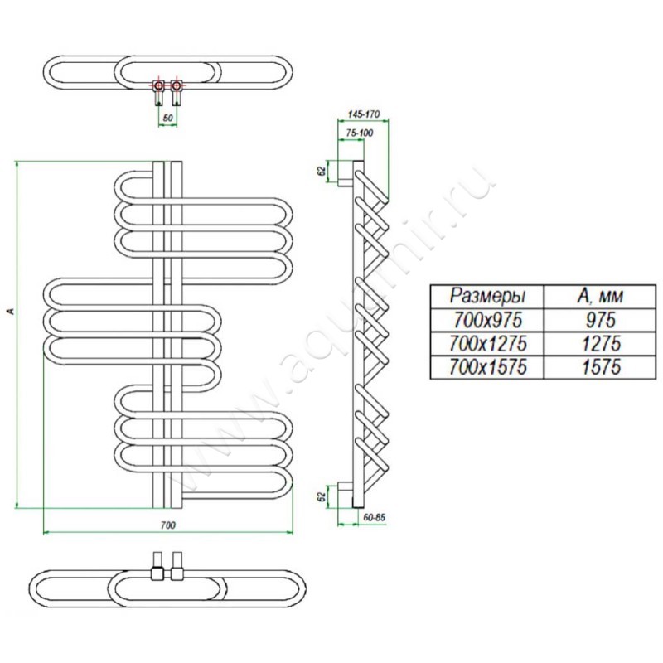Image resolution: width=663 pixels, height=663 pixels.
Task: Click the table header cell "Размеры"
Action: coord(487,296)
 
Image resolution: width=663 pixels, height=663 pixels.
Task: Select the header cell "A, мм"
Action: coord(598,296)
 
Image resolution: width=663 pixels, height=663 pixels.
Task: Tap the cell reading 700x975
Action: coord(487,319)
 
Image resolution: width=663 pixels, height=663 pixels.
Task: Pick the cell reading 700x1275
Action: coord(487,342)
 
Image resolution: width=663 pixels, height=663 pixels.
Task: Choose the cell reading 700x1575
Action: coord(487,366)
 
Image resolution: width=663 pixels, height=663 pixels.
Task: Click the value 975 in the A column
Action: coord(598,319)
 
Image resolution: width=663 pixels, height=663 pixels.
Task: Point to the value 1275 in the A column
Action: coord(598,342)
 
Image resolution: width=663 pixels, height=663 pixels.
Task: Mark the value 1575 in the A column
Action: coord(598,366)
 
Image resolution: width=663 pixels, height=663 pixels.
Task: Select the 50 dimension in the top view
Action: coord(167,119)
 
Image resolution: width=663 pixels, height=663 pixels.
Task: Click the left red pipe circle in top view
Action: coord(158,85)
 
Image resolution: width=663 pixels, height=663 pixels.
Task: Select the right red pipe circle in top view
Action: coord(176,85)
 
